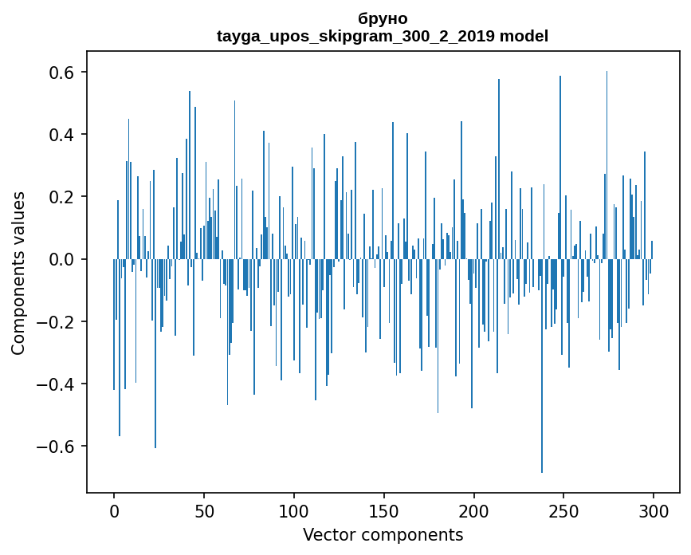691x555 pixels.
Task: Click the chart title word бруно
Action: tap(383, 18)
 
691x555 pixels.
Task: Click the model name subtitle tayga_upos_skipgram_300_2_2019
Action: tap(382, 36)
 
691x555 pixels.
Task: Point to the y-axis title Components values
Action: tap(18, 273)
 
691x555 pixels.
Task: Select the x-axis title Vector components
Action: tap(383, 534)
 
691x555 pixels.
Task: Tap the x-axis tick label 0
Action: tap(114, 510)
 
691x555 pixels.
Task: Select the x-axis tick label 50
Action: tap(204, 510)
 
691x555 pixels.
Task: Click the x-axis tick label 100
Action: tap(294, 510)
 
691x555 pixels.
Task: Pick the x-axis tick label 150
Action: tap(384, 510)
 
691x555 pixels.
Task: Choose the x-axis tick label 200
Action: tap(474, 510)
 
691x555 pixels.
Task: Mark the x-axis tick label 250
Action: tap(564, 510)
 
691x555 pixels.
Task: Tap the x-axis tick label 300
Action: tap(654, 510)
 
